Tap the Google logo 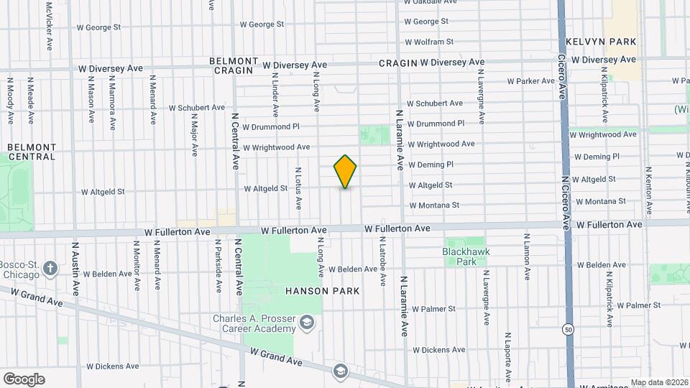[x=24, y=379]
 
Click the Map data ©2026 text [x=658, y=382]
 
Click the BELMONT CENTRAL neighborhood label [x=32, y=152]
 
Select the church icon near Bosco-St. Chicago [x=50, y=269]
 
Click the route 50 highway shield [x=569, y=329]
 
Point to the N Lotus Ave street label [x=298, y=189]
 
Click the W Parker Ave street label [x=531, y=81]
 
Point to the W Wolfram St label [x=430, y=42]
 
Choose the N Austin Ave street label [x=75, y=269]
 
